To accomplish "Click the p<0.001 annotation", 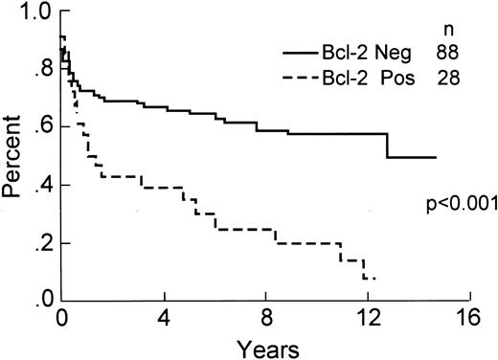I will [457, 202].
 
